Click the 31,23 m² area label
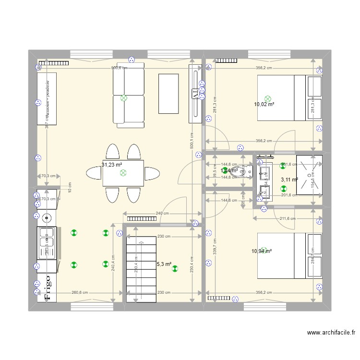[111, 165]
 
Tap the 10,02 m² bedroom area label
[264, 104]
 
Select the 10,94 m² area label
[262, 251]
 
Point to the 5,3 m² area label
[163, 264]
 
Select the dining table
[123, 173]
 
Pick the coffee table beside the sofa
[168, 94]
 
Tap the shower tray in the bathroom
[309, 175]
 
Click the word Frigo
[48, 287]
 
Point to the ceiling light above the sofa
[124, 98]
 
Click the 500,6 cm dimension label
[119, 68]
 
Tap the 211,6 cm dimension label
[288, 219]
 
